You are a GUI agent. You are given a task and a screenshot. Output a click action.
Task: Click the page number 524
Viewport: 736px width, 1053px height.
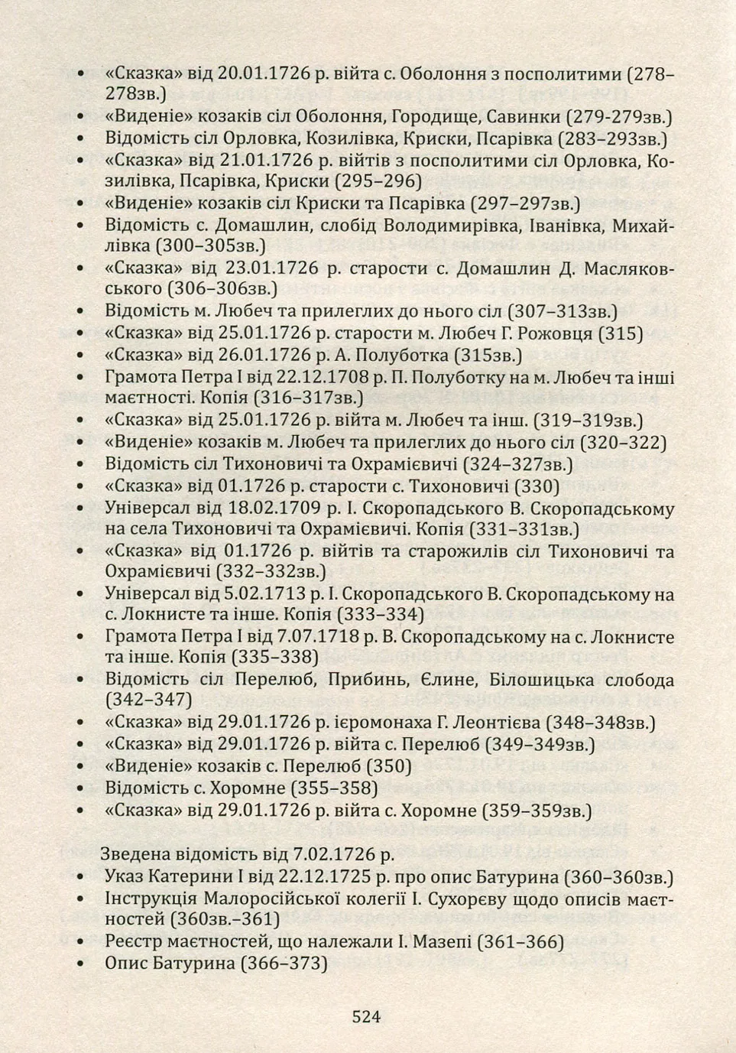366,1016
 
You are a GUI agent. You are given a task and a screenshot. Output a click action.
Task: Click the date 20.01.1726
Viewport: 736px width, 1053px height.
264,74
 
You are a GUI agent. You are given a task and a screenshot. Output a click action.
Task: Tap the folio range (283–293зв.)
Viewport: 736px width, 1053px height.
612,138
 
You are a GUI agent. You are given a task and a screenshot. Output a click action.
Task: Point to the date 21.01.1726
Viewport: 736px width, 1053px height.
264,161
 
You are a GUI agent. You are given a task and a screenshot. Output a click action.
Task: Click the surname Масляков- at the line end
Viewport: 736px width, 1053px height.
629,268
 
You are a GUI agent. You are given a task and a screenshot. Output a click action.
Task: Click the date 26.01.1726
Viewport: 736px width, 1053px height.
264,355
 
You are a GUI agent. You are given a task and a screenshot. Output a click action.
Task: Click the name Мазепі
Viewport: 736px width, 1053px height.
443,941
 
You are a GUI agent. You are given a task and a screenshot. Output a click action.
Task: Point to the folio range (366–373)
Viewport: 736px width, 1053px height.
284,963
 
